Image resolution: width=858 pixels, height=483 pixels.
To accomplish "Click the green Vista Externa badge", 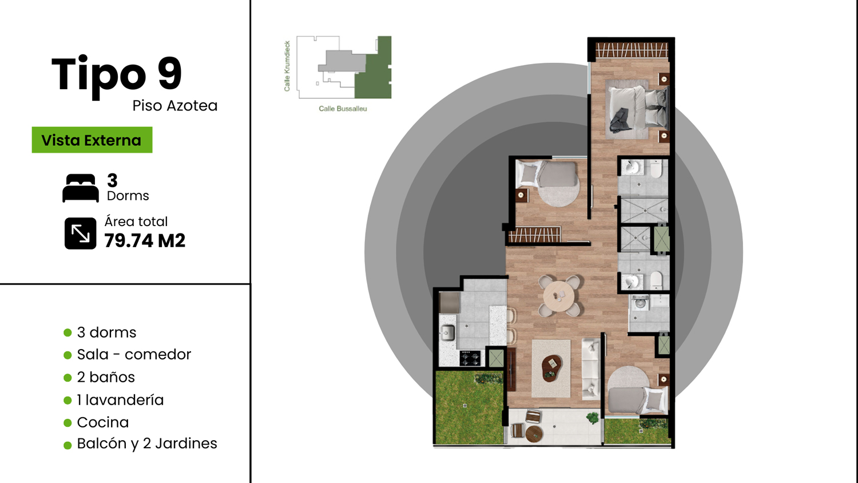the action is coord(92,140).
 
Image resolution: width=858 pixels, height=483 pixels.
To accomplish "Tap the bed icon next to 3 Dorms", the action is coord(81,188).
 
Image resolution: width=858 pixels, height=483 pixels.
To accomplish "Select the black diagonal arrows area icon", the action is coord(81,233).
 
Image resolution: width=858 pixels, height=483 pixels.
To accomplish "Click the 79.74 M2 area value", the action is coord(145,241).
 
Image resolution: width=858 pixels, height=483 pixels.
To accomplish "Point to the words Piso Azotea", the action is coord(175,106).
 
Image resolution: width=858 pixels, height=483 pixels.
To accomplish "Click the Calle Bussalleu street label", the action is coord(343,109).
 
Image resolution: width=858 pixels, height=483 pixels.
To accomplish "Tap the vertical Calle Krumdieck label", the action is coord(287,66).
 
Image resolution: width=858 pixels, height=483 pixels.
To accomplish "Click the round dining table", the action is coord(559,296).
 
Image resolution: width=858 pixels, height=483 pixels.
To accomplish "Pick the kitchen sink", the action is coord(447,332).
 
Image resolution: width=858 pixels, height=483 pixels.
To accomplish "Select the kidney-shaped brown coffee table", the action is coord(551,369).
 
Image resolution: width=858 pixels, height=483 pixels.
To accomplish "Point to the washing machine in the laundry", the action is coord(639,303).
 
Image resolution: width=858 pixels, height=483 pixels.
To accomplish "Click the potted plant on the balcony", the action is coord(593,418).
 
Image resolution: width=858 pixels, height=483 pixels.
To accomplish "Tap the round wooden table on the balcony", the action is coord(534,434).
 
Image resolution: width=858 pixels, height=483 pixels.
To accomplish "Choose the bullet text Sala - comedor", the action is coord(134,355).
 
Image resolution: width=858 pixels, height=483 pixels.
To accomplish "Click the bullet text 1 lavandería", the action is coord(120,400).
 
